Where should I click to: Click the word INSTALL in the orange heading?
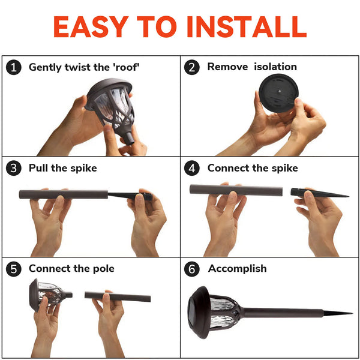(x=247, y=26)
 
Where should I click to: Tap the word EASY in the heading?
(x=91, y=26)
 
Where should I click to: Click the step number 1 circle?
(x=14, y=67)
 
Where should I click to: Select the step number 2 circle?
(x=192, y=67)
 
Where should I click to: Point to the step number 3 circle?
(x=14, y=168)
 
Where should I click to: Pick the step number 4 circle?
(x=192, y=168)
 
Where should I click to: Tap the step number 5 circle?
(x=14, y=269)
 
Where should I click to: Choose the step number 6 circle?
(x=192, y=269)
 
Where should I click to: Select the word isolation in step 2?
(x=275, y=67)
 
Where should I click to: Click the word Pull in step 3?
(x=38, y=168)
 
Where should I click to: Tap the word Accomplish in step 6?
(x=238, y=269)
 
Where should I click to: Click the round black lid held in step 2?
(x=278, y=93)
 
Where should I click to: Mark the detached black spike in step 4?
(x=320, y=193)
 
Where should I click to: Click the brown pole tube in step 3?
(x=64, y=194)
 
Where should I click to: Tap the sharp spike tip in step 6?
(x=352, y=313)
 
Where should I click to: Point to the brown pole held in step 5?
(x=118, y=296)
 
